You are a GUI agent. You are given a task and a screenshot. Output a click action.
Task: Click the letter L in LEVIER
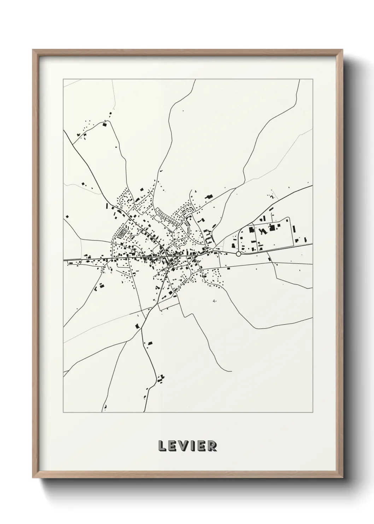pos(162,446)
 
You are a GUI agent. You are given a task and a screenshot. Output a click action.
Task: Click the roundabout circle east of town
pos(238,254)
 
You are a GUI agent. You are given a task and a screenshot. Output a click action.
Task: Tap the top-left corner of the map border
pos(63,79)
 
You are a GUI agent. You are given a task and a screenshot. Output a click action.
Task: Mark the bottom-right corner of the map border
pos(313,412)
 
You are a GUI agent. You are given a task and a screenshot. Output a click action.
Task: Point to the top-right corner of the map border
pos(313,79)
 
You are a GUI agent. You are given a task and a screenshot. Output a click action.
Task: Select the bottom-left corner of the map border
pos(63,412)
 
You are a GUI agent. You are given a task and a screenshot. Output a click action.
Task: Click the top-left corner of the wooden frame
pos(33,50)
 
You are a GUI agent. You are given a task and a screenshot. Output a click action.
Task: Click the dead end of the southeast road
pos(232,371)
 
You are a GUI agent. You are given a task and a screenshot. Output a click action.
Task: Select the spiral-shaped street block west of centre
pos(123,233)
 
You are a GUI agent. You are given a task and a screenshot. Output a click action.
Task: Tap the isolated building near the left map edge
pos(66,216)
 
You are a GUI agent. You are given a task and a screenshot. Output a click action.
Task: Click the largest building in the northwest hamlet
pos(104,124)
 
